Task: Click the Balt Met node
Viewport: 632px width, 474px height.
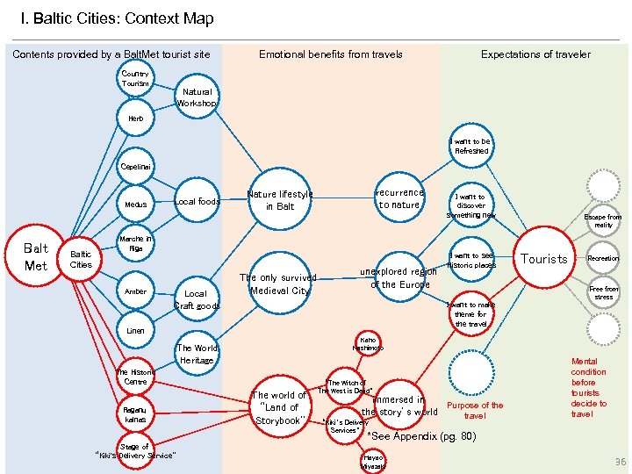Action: click(36, 255)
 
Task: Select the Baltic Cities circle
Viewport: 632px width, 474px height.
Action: click(81, 258)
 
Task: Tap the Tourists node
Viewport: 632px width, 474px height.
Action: click(544, 258)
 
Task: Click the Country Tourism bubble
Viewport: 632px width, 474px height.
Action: click(135, 79)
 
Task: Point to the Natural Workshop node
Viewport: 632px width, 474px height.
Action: click(197, 97)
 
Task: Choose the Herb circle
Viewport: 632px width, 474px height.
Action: click(135, 118)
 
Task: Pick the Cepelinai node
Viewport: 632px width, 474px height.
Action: click(135, 165)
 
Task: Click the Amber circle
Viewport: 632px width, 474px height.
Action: click(135, 291)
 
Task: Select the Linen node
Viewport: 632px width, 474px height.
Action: click(135, 331)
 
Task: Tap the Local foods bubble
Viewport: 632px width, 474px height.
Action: click(197, 202)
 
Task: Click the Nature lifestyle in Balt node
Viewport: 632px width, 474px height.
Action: click(280, 200)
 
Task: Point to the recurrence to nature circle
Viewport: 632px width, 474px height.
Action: click(399, 198)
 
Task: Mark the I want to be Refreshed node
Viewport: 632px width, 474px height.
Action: click(471, 146)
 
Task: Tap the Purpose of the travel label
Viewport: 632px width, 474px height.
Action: click(475, 410)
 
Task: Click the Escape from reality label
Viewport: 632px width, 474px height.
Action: click(603, 220)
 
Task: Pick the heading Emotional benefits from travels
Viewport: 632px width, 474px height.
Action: click(330, 54)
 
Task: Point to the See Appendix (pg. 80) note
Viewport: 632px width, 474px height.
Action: click(421, 436)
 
